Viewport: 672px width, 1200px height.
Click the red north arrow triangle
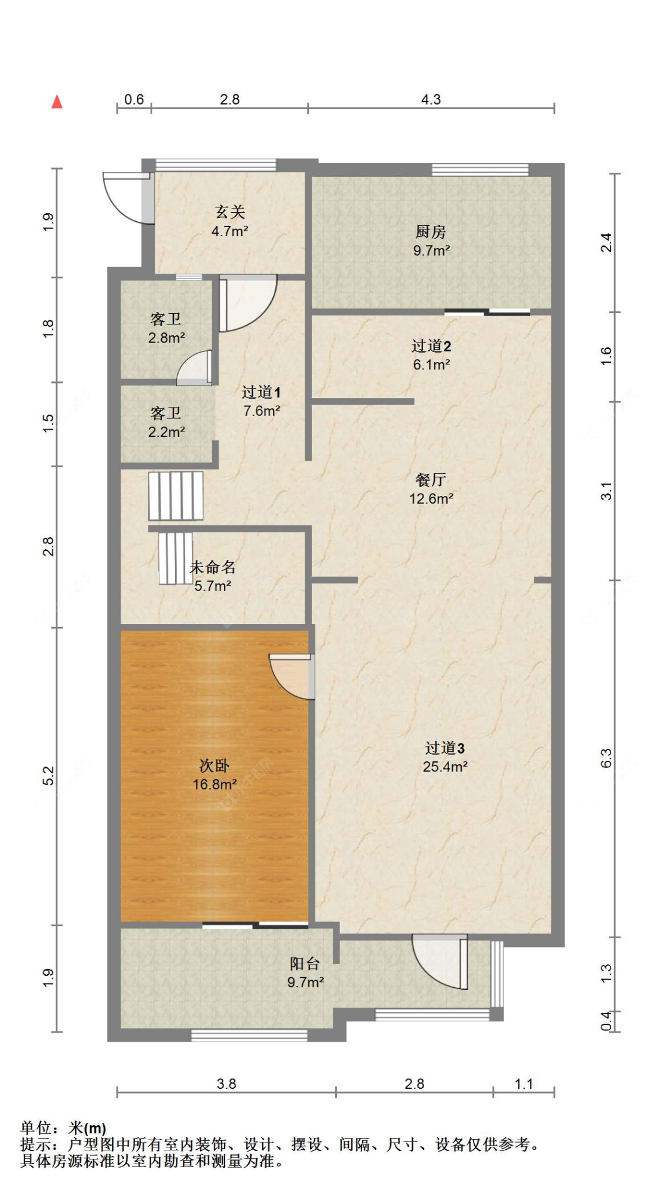57,102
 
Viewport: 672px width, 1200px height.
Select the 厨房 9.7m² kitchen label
431,241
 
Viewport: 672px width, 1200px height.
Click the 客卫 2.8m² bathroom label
166,328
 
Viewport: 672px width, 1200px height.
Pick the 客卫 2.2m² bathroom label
166,422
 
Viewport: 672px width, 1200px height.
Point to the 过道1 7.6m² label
261,401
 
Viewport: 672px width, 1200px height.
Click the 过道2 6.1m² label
431,355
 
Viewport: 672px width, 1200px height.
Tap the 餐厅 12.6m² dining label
431,489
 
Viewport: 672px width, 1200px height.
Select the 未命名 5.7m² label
213,576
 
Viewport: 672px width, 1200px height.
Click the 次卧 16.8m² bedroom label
214,775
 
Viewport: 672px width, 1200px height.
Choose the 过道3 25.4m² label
445,757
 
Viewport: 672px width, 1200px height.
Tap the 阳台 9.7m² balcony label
305,972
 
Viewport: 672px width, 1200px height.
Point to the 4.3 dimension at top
431,99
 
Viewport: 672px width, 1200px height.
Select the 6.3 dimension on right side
606,758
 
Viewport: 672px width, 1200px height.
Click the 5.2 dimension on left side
48,776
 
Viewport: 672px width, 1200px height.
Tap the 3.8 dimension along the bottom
226,1084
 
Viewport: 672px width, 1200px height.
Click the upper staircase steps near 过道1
176,495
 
